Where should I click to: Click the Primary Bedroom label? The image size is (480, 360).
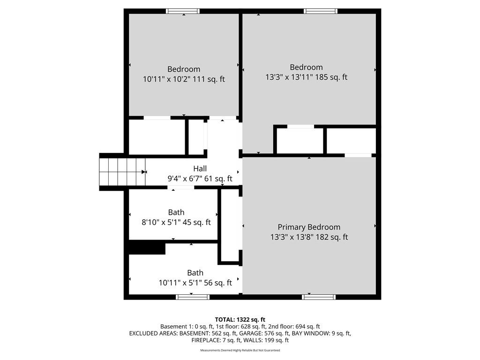[x=309, y=227]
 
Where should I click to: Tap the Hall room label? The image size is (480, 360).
[x=200, y=169]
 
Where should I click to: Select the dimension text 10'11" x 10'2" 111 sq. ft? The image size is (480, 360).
[x=184, y=79]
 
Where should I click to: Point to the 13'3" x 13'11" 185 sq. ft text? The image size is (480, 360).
[x=306, y=77]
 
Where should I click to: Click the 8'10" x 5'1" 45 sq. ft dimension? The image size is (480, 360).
[x=176, y=222]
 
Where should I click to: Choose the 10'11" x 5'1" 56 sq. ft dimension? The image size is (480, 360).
[x=195, y=283]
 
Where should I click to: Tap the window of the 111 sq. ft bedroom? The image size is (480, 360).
[x=183, y=11]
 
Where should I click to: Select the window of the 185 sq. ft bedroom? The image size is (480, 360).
[x=321, y=11]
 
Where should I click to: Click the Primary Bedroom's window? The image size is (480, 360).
[x=319, y=297]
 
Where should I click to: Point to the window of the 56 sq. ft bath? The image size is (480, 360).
[x=193, y=297]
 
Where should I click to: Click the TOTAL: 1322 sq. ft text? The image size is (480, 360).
[x=240, y=320]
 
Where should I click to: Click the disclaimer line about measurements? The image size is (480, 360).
[x=240, y=350]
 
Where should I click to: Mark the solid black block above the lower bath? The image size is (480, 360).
[x=147, y=247]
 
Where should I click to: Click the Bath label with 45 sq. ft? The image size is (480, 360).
[x=176, y=212]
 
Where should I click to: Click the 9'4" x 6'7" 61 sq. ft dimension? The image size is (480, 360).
[x=200, y=179]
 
